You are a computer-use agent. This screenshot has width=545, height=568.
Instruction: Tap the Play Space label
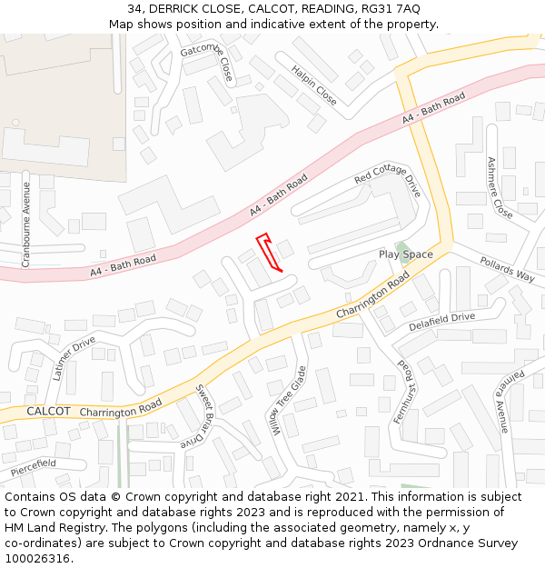pos(406,254)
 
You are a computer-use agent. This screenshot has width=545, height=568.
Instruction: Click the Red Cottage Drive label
pos(388,181)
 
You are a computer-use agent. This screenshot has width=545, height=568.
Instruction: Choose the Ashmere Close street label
pos(499,187)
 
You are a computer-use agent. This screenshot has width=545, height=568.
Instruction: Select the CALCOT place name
pos(48,412)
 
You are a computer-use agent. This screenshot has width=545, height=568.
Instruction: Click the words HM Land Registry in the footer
pos(54,528)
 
